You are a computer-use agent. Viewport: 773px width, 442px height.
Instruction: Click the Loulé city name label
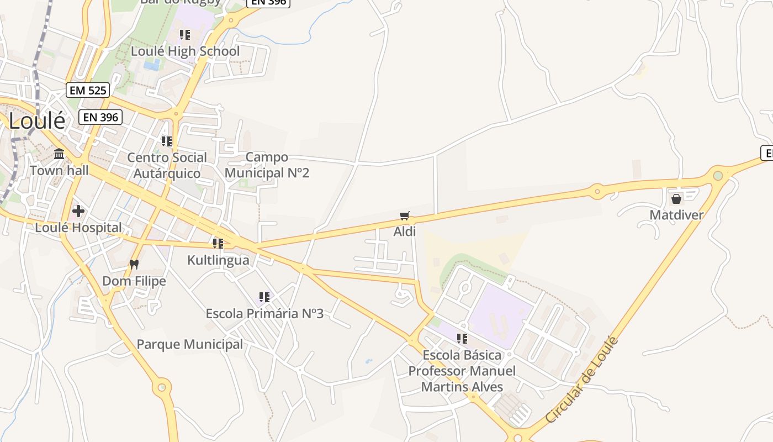(37, 121)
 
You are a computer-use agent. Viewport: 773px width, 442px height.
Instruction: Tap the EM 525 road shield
(88, 90)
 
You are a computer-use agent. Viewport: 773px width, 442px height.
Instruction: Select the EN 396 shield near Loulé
(101, 117)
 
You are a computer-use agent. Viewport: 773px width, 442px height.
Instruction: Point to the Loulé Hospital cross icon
(78, 211)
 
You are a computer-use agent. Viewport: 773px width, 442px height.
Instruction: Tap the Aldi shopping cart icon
(405, 215)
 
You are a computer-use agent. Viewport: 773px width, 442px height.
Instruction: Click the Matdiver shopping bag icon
(676, 199)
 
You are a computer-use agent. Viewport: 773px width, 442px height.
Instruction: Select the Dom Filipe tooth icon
(134, 264)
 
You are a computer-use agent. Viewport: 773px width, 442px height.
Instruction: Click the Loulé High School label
(185, 51)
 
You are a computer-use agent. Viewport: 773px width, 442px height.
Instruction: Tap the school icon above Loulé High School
(185, 35)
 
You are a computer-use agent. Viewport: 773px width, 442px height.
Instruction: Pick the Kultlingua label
(218, 260)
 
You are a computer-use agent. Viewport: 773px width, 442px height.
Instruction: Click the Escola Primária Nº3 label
(264, 314)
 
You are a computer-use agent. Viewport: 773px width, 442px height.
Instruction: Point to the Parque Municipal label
(189, 345)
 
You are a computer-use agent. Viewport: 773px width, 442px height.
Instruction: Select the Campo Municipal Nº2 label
(267, 165)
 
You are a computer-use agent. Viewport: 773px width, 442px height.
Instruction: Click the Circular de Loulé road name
(581, 380)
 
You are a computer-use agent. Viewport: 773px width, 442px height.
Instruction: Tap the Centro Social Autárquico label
(167, 165)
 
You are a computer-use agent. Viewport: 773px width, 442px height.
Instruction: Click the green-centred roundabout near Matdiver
(718, 176)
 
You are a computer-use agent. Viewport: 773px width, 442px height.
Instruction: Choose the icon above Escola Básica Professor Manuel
(462, 338)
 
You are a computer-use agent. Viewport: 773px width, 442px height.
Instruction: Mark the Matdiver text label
(676, 215)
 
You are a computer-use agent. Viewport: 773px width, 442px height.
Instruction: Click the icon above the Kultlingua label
(218, 243)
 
